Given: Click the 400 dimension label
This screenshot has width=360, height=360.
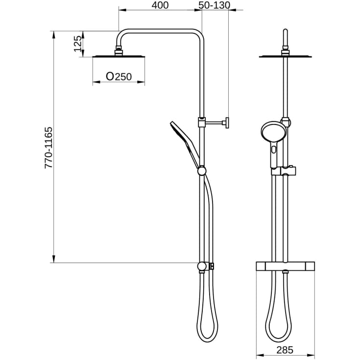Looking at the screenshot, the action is point(160,5).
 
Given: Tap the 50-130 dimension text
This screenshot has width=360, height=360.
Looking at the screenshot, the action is point(215,5).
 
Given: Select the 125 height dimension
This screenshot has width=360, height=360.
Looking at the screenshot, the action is point(78,44).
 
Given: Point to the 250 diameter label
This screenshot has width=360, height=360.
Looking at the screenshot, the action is point(119,76).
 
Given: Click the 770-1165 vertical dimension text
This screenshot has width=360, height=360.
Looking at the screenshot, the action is point(48,148).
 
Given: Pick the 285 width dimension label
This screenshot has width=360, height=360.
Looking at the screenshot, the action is point(285,350).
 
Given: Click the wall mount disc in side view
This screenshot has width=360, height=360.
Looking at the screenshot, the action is point(227,123).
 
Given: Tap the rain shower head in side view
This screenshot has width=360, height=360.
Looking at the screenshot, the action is point(119,56).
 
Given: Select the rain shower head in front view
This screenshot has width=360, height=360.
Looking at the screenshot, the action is point(285,56).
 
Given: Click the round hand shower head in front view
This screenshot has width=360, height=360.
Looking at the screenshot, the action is point(274,132).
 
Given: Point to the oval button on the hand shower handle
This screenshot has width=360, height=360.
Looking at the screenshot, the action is point(274,150).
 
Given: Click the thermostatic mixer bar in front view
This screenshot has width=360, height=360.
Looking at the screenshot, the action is point(285,266).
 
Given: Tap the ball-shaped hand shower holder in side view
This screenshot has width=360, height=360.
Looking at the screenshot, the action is point(202,171).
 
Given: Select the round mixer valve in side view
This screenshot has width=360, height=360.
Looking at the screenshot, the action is point(202,266).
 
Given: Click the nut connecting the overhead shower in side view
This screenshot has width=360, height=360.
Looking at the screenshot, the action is point(119,51).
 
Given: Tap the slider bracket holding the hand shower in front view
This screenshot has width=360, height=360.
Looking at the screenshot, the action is point(284,170).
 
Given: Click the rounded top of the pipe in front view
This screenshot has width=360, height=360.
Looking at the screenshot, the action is point(285,31).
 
